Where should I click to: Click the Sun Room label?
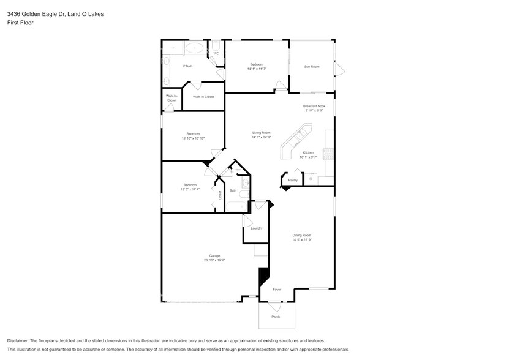click(x=312, y=66)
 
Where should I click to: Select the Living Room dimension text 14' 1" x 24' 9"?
click(x=261, y=137)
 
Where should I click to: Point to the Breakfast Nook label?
click(x=314, y=106)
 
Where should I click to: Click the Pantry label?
click(x=293, y=180)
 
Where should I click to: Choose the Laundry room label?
click(x=257, y=228)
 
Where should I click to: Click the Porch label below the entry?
click(x=276, y=317)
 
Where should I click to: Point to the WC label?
click(x=216, y=53)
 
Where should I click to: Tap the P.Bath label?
click(x=188, y=66)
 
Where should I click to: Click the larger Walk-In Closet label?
click(x=203, y=97)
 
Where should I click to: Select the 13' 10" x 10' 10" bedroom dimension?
click(x=193, y=138)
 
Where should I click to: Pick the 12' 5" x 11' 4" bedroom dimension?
click(x=190, y=189)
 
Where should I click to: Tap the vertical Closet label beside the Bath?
click(x=219, y=195)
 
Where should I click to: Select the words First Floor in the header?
click(x=20, y=22)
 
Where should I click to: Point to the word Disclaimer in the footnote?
click(x=20, y=340)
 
